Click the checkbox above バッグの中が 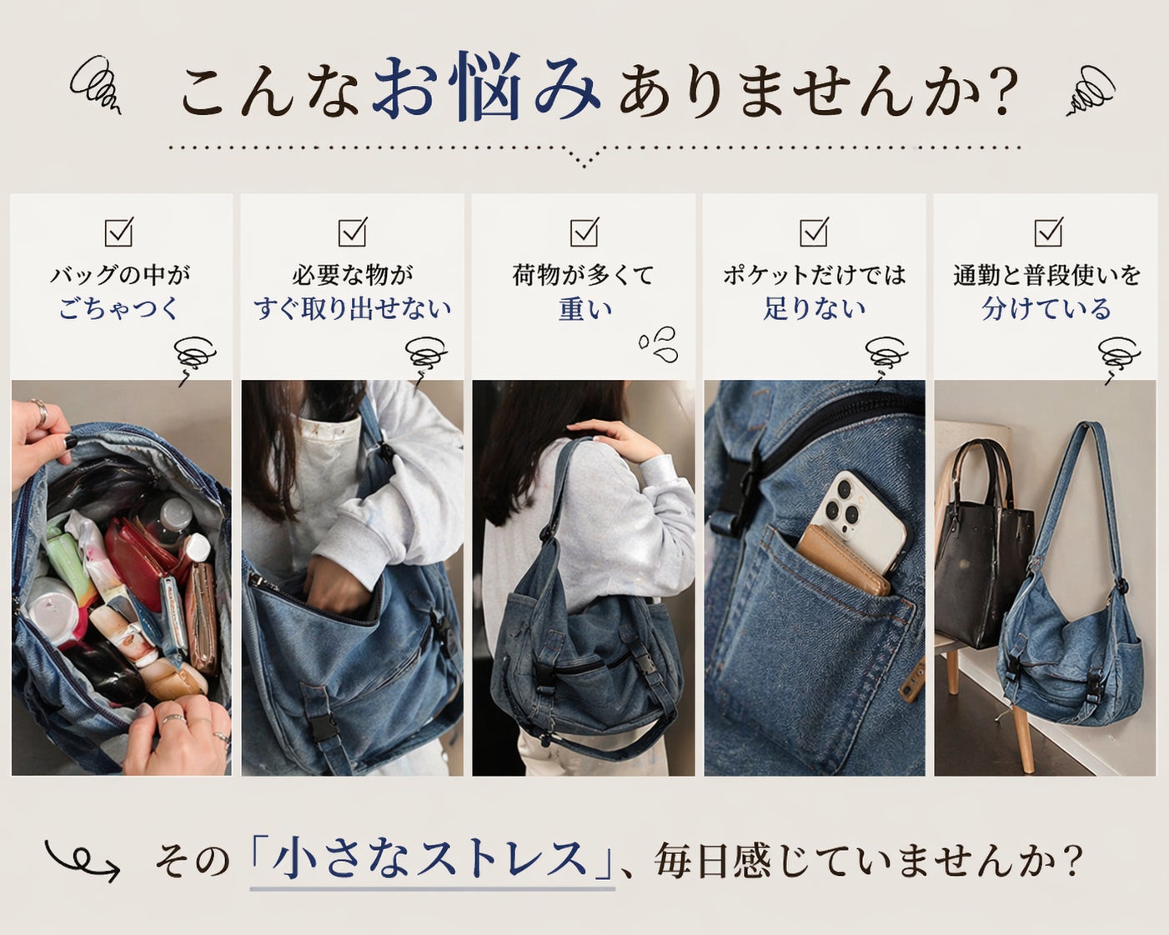click(118, 232)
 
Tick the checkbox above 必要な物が click(353, 232)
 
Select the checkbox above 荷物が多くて click(584, 232)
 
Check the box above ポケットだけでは click(815, 232)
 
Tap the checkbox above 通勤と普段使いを click(1048, 232)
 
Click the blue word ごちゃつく click(118, 308)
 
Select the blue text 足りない click(815, 308)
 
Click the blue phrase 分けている click(1046, 308)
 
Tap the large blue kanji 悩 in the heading click(489, 87)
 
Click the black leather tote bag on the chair click(982, 548)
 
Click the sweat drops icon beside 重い click(659, 344)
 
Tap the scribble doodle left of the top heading click(96, 86)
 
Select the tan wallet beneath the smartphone click(843, 562)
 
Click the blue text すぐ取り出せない click(353, 308)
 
